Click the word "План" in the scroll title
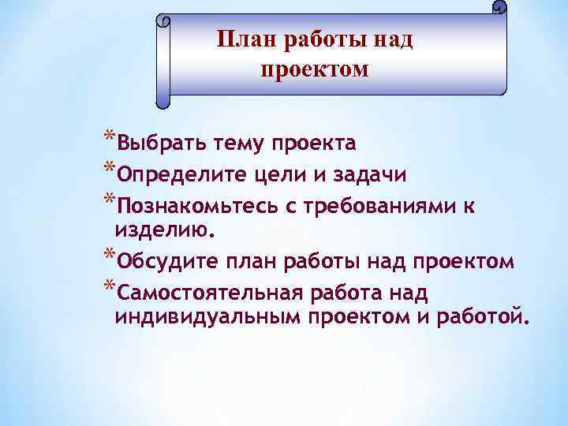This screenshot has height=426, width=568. tap(245, 39)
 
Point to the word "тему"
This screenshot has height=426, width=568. tap(227, 144)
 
